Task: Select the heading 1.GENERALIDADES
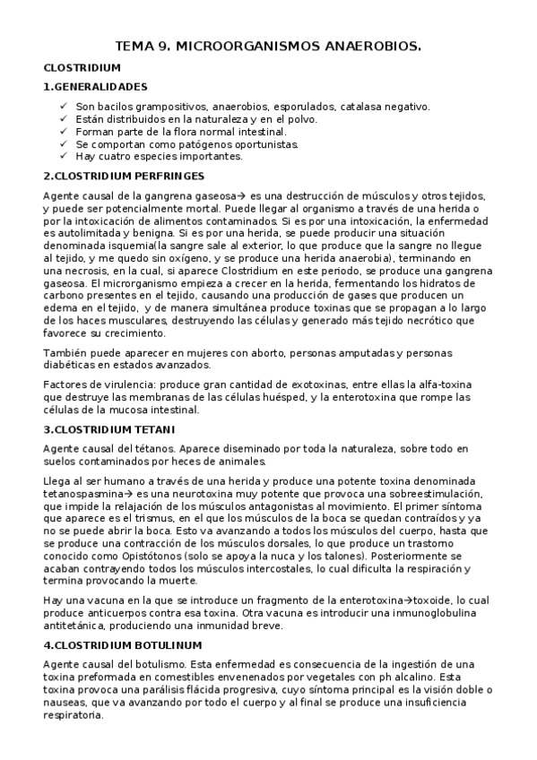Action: pos(95,87)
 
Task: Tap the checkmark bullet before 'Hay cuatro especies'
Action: pos(62,156)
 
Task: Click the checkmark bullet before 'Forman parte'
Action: pos(62,131)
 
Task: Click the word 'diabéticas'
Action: pos(71,364)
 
